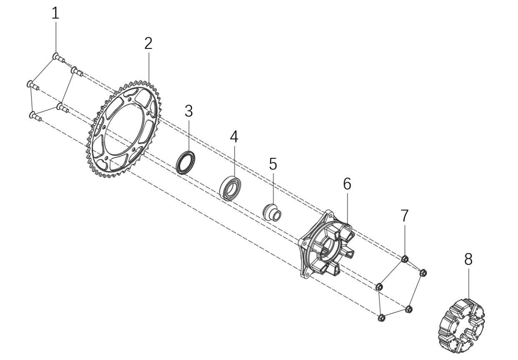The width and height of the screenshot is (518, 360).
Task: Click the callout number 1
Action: coord(55,13)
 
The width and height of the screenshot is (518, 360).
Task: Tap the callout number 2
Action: coord(148,43)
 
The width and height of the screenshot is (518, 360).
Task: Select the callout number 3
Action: coord(189,111)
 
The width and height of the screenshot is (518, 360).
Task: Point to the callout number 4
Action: coord(234,137)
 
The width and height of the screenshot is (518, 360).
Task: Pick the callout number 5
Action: coord(273,164)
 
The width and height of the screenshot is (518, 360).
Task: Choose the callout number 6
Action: coord(347,184)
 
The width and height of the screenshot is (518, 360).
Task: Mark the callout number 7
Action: coord(405,215)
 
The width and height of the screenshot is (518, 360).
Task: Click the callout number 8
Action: coord(468,259)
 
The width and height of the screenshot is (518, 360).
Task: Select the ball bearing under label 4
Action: coord(230,188)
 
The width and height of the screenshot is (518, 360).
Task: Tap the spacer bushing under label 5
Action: coord(272,212)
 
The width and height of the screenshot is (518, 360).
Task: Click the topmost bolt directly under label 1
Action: coord(58,58)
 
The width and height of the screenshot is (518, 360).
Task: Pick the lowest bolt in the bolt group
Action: coord(35,116)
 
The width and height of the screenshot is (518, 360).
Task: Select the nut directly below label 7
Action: coord(404,259)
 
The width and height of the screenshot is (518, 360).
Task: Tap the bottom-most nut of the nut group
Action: coord(381,318)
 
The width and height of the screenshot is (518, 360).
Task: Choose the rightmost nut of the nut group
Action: coord(422,273)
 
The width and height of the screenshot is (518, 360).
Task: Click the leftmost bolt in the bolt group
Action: coord(32,85)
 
